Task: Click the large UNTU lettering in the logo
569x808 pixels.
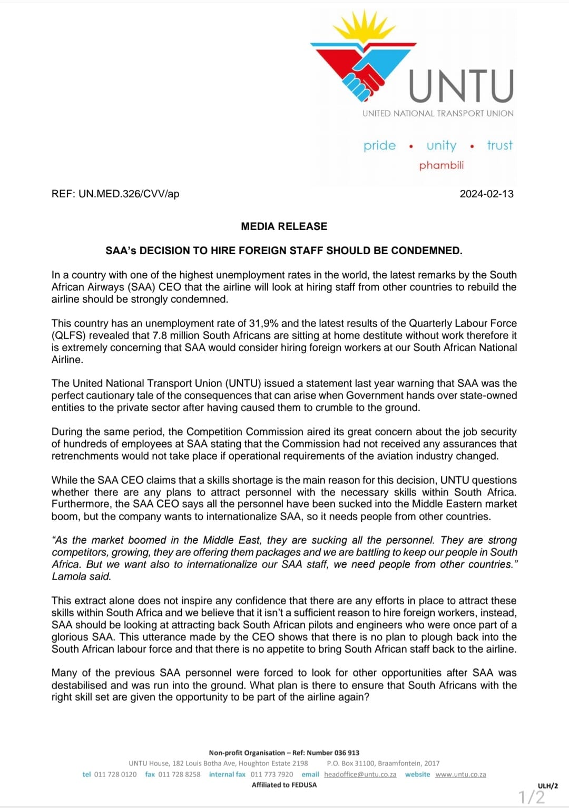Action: [x=461, y=86]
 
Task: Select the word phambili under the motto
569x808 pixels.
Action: [x=442, y=165]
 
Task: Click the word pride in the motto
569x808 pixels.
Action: [x=379, y=145]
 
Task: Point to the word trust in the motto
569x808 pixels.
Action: [x=499, y=145]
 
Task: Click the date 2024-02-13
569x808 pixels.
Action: [x=486, y=194]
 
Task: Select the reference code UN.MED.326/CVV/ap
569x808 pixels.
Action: [x=129, y=194]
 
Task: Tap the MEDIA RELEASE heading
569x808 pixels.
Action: [x=284, y=226]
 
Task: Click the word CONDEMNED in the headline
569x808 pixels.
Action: [x=431, y=251]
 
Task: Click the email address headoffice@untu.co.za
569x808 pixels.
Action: [x=360, y=774]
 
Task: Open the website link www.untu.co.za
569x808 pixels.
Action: [x=460, y=774]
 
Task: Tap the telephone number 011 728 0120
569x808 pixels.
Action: [x=115, y=774]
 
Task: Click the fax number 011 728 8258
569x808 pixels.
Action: [x=179, y=774]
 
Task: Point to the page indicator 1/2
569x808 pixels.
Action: [x=532, y=797]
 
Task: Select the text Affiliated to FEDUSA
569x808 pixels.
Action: [x=284, y=785]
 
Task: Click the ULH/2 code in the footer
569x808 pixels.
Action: [x=547, y=786]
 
